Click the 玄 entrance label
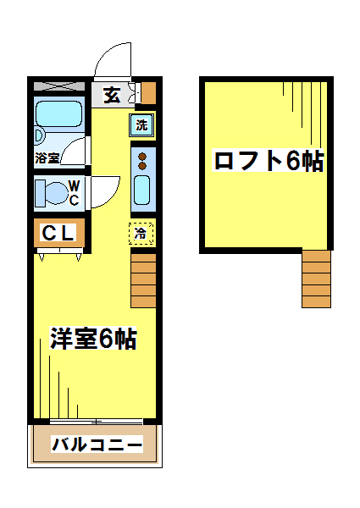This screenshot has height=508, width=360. [112, 94]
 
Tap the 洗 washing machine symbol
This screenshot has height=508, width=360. [142, 125]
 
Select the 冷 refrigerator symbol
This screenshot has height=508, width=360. [141, 232]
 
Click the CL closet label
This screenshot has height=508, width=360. [58, 232]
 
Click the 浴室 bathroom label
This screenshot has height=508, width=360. [47, 157]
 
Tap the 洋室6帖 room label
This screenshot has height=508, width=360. [93, 340]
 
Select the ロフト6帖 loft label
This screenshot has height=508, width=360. [269, 161]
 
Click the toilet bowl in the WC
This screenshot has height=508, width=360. [52, 193]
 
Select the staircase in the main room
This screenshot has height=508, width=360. [144, 279]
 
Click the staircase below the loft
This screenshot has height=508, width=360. [317, 279]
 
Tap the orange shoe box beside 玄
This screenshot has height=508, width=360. [148, 91]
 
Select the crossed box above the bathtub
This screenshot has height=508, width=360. [59, 86]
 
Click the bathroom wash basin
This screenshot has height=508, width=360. [38, 135]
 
